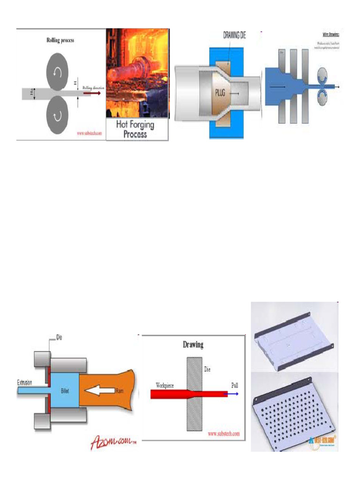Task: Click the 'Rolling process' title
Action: (x=60, y=40)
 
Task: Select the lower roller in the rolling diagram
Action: (x=58, y=115)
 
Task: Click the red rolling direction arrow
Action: (x=92, y=94)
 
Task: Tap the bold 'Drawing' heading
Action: (x=193, y=345)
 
